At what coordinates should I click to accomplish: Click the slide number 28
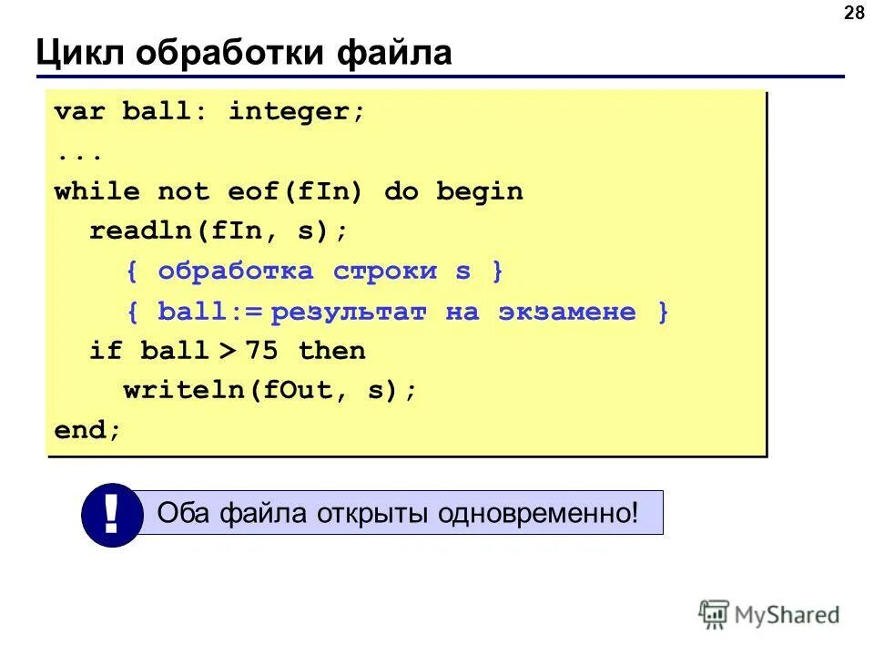click(x=854, y=13)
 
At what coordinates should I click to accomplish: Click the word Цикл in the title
click(x=77, y=54)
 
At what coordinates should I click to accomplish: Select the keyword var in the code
click(x=80, y=113)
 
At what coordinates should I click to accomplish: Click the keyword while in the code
click(x=97, y=192)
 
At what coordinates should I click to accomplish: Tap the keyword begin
click(x=479, y=192)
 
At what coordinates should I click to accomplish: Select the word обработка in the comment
click(x=235, y=272)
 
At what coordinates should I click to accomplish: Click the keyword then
click(x=331, y=352)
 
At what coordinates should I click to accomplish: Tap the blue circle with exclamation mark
click(x=111, y=515)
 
